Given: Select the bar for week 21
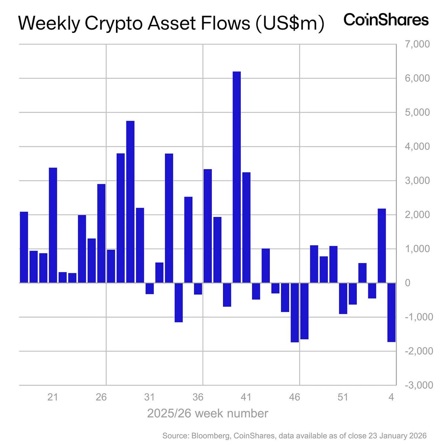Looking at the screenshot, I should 53,225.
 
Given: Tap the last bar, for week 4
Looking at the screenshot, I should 391,312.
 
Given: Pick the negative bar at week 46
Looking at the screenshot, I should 295,312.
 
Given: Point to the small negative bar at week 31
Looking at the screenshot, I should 150,288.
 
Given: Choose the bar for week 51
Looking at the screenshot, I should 343,298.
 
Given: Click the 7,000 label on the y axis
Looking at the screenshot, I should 416,44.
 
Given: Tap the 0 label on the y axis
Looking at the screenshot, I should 408,283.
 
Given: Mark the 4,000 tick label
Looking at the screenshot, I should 416,146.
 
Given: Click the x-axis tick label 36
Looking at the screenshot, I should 198,397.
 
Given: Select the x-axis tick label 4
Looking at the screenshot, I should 391,397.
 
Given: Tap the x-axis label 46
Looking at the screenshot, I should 295,397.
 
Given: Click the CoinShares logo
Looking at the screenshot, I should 386,19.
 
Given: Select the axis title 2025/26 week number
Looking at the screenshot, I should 207,413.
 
